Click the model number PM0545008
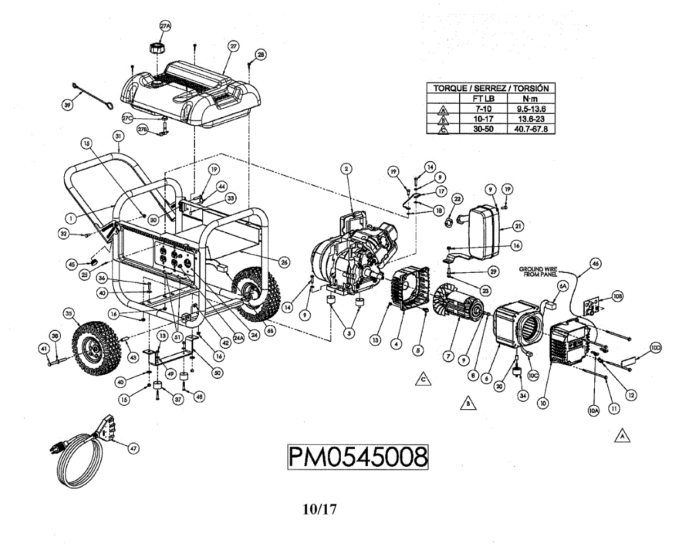click(x=358, y=457)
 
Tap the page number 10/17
click(x=319, y=510)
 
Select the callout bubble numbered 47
click(x=133, y=449)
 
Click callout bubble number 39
click(x=68, y=105)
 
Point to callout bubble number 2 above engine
click(x=346, y=169)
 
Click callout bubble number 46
click(x=596, y=263)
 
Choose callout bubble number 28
click(x=260, y=55)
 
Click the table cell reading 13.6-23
click(x=527, y=118)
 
